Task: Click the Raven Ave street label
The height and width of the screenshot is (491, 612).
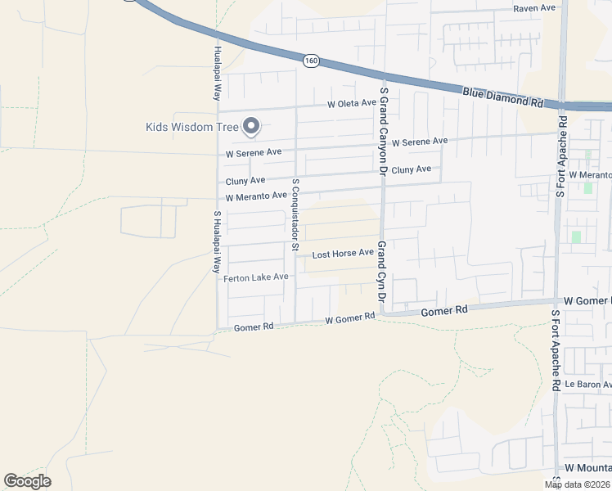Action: pos(534,8)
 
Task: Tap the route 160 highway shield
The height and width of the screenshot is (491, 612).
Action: pos(310,61)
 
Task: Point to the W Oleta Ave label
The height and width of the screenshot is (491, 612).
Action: pos(351,104)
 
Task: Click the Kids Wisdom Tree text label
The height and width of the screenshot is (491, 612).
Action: pos(191,127)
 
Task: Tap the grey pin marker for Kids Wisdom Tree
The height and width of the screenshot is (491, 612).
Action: pos(252,126)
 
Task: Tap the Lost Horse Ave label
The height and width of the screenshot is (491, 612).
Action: pos(343,254)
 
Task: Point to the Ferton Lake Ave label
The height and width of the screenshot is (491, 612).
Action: pos(256,277)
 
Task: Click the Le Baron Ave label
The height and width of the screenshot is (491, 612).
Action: pos(588,384)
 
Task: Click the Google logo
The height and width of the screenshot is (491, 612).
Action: pos(27,481)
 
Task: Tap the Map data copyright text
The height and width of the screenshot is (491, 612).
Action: pos(578,484)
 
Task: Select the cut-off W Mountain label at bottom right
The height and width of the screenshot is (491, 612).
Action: pos(588,466)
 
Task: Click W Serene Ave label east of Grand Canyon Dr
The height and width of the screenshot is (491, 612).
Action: pos(419,142)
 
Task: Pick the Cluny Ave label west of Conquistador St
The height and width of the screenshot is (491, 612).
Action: pos(245,180)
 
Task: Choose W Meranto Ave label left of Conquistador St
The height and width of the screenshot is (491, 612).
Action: pos(256,196)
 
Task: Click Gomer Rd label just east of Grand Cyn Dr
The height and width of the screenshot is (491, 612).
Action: pos(443,311)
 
